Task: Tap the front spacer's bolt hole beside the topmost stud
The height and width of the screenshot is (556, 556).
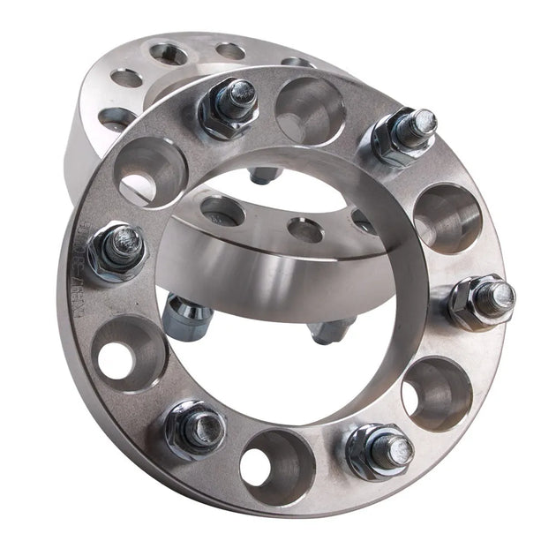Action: click(310, 111)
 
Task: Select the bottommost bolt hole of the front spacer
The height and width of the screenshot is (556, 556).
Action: click(276, 463)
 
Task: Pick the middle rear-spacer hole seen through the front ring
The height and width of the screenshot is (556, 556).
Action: click(305, 230)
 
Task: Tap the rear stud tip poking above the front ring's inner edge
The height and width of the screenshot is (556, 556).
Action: click(264, 176)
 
